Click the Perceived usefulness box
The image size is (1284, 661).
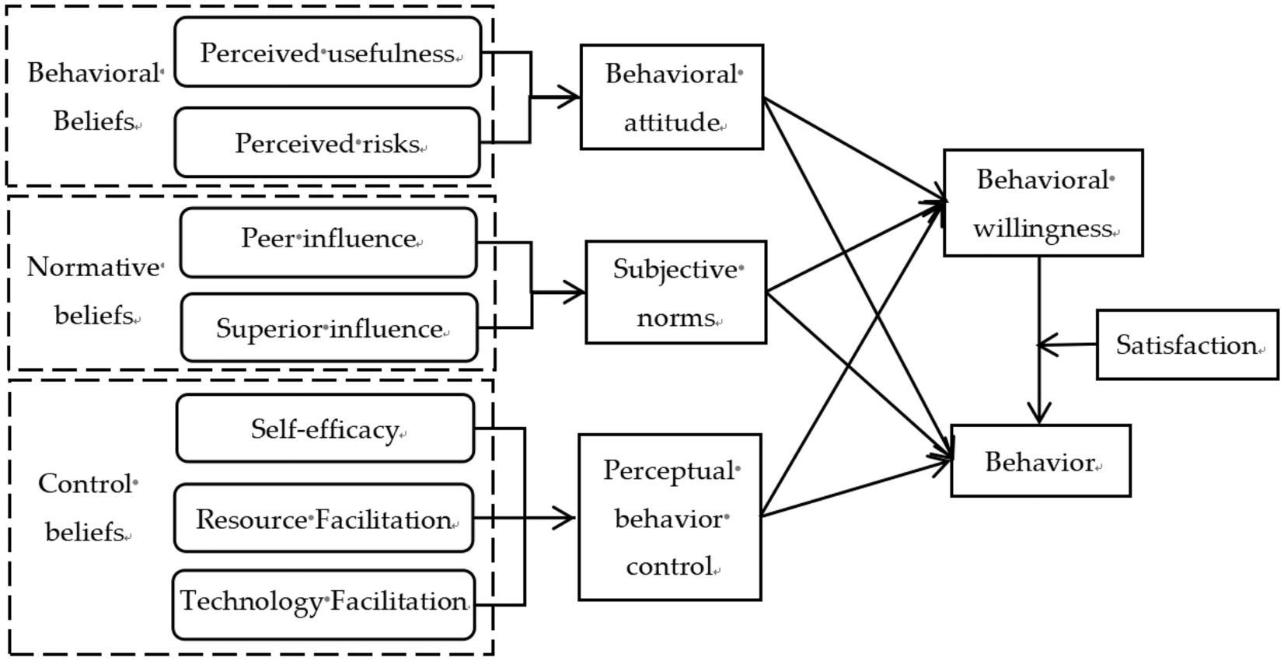tap(327, 52)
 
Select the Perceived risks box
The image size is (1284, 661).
tap(327, 142)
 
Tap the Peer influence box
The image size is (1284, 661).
tap(328, 242)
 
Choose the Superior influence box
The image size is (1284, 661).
tap(329, 327)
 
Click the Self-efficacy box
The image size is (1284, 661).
tap(325, 428)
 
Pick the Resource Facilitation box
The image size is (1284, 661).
tap(323, 518)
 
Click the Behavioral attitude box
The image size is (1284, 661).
tap(672, 97)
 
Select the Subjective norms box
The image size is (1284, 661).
tap(675, 292)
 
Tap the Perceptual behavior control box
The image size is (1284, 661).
tap(669, 517)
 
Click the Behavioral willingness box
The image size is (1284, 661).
tap(1042, 203)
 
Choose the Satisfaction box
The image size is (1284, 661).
tap(1186, 344)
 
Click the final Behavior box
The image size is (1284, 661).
tap(1040, 461)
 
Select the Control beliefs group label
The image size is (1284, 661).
tap(87, 507)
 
